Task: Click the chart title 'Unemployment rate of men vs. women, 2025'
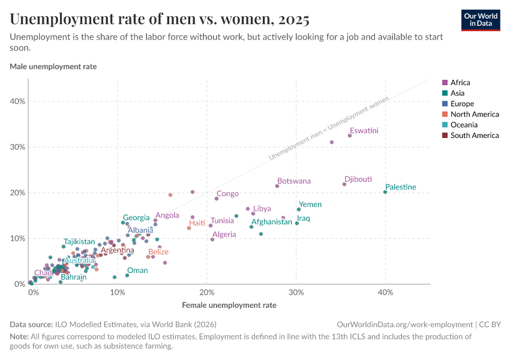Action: point(160,19)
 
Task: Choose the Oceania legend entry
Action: point(463,125)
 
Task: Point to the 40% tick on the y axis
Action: point(17,101)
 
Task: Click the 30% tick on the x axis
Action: point(296,292)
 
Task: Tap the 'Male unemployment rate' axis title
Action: point(53,67)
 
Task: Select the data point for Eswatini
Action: point(350,136)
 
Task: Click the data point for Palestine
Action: point(385,192)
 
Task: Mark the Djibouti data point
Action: point(344,184)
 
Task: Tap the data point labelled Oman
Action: point(127,275)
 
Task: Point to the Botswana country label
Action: point(294,181)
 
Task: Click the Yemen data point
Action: point(299,209)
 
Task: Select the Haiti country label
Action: point(197,223)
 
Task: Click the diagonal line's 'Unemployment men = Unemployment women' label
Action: point(328,127)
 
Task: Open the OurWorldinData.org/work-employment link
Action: point(405,324)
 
